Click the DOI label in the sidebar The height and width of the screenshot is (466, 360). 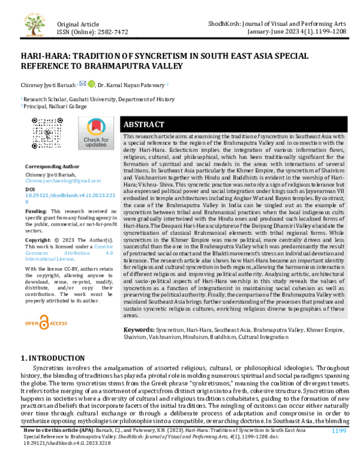point(31,189)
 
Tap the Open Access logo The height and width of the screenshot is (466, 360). point(46,323)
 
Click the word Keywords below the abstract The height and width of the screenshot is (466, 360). point(139,330)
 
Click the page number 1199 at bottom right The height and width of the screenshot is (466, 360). point(340,448)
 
